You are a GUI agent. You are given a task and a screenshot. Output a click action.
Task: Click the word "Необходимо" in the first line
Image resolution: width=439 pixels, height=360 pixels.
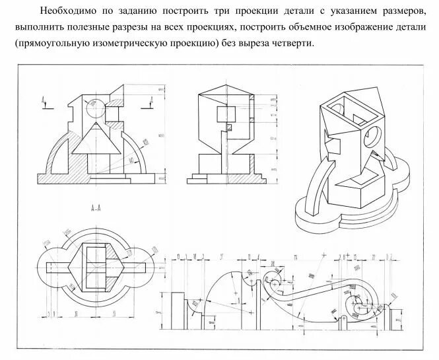point(66,11)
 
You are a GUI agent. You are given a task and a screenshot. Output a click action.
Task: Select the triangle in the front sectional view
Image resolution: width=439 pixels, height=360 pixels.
point(96,140)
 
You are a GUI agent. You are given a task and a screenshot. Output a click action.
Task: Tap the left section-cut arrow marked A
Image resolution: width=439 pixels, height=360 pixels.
point(44,101)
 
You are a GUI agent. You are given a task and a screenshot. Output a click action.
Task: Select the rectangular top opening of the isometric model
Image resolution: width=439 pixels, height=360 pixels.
point(344,105)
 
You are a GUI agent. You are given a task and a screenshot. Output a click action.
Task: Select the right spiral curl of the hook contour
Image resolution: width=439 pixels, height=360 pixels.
point(362,303)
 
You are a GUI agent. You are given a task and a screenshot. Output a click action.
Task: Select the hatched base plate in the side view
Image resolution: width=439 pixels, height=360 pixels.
point(222,179)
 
